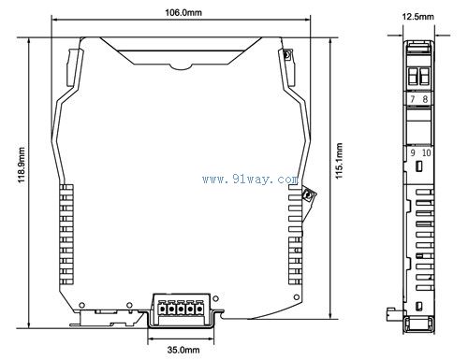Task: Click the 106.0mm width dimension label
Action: [x=183, y=12]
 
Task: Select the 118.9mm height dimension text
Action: [x=22, y=166]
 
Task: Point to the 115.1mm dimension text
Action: [x=339, y=161]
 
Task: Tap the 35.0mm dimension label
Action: [x=183, y=350]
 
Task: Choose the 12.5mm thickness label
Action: [x=417, y=17]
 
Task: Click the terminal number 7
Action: [x=413, y=99]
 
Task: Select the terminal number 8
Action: [x=425, y=99]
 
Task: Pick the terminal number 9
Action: [x=413, y=152]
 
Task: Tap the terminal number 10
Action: [x=426, y=152]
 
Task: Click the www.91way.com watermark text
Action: [x=250, y=180]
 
